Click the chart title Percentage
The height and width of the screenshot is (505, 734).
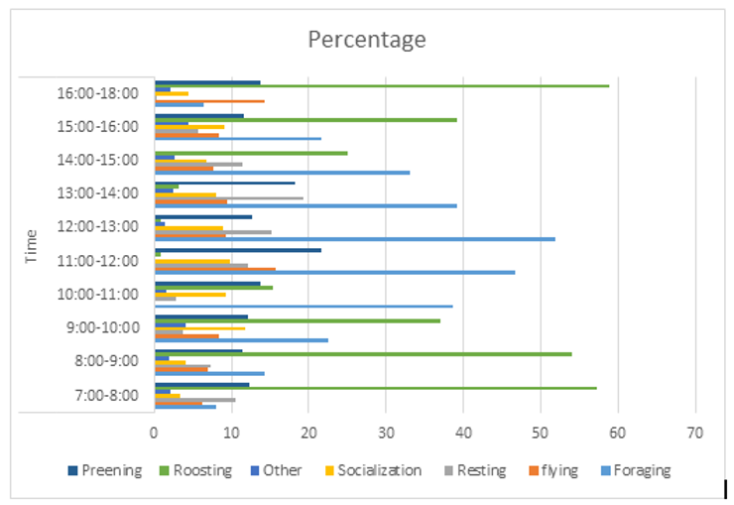(x=366, y=40)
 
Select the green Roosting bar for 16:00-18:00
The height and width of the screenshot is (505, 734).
(x=382, y=86)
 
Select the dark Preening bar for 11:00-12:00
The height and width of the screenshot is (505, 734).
(x=237, y=250)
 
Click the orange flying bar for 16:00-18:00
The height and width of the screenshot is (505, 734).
(x=209, y=101)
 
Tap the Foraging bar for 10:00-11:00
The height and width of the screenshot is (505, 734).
(x=304, y=306)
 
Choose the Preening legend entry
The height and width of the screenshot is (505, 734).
(x=104, y=470)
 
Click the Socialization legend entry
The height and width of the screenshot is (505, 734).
(x=373, y=470)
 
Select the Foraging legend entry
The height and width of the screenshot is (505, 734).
(x=634, y=470)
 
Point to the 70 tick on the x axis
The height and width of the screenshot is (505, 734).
(x=695, y=434)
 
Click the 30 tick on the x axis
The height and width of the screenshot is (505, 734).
(x=386, y=434)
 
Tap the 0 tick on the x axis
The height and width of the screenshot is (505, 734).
(x=155, y=434)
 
